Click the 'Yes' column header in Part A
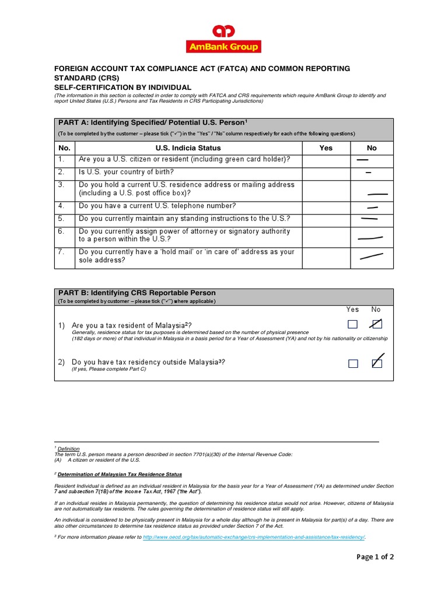(325, 148)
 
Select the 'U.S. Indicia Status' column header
(188, 148)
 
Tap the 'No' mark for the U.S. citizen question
(362, 159)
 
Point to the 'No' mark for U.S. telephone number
(372, 207)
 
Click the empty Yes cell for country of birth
(325, 173)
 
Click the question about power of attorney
(184, 235)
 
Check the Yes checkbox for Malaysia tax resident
(352, 324)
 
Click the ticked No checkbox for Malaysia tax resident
(376, 324)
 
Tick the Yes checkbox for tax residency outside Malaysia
(352, 364)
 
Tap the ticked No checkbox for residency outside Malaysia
(376, 363)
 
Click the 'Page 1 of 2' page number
(375, 557)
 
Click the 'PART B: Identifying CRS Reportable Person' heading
(137, 293)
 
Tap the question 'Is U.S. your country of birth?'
(126, 173)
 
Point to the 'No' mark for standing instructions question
(369, 219)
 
